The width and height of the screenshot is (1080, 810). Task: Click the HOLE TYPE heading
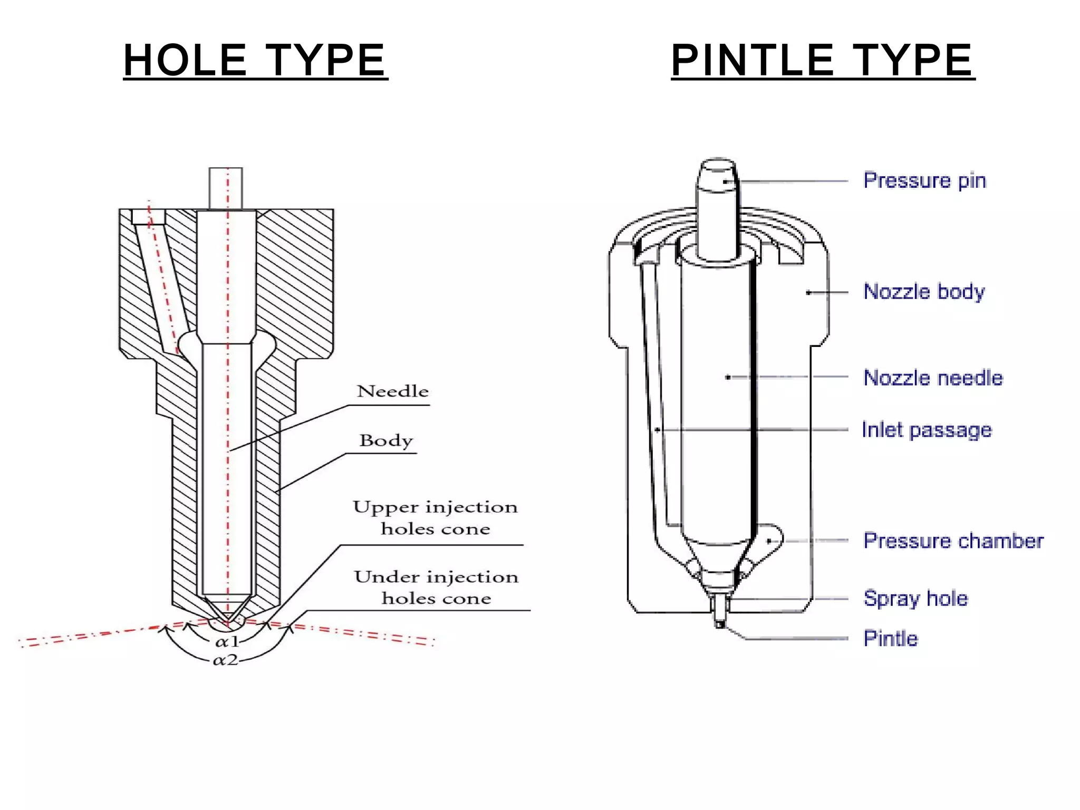255,60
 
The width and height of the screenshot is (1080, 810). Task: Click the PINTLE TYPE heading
822,60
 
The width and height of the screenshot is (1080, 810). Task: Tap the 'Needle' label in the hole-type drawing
393,391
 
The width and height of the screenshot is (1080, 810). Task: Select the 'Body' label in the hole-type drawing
386,440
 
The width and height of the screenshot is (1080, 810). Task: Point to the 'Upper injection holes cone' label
436,517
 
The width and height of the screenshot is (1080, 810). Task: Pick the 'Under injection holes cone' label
436,587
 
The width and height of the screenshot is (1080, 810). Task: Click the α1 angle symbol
227,642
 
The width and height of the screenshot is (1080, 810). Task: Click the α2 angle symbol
226,660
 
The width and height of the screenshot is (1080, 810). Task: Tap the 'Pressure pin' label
924,180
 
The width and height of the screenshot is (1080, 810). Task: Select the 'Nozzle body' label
924,292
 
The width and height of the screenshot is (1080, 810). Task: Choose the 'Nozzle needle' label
933,378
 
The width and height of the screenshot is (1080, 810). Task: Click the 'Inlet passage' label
927,430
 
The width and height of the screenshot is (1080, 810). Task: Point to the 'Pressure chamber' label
953,541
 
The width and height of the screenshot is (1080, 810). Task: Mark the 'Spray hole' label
915,599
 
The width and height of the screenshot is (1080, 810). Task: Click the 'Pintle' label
891,639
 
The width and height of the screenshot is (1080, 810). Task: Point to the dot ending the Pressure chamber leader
769,541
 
